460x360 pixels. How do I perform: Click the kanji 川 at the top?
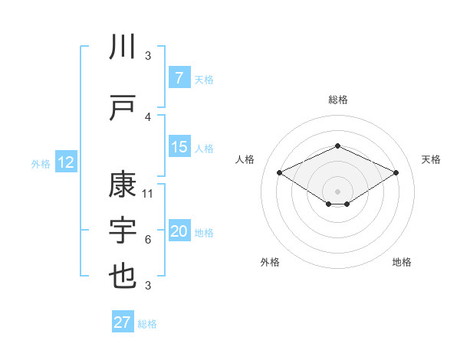coord(123,47)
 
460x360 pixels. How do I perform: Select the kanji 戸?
coord(123,108)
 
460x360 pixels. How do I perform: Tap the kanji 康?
coord(123,186)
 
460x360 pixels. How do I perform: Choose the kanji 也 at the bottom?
coord(123,275)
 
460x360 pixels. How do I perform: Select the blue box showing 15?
coord(179,148)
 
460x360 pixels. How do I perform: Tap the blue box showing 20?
coord(179,232)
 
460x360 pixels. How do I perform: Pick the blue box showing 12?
coord(65,162)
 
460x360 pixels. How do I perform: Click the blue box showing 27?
coord(123,322)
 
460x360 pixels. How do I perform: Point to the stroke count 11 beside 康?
coord(148,193)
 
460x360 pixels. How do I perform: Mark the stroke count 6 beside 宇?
coord(148,240)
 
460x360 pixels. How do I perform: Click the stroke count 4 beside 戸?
coord(148,116)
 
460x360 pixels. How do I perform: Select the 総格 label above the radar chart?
coord(337,100)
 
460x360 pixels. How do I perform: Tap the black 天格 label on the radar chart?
coord(431,159)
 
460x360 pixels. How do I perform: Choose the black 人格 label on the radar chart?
coord(245,159)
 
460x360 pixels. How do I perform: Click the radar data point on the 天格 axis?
coord(396,172)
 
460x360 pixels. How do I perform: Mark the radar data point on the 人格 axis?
coord(279,172)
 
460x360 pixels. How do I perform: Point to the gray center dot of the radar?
coord(337,191)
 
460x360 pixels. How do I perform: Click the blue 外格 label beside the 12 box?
coord(40,163)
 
